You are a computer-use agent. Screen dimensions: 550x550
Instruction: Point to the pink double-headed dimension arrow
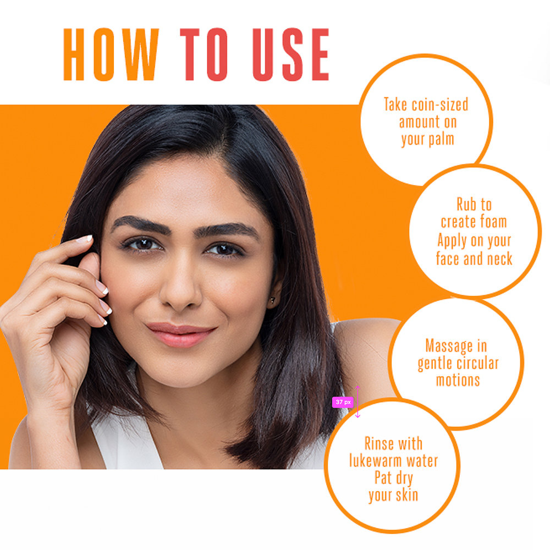[358, 402]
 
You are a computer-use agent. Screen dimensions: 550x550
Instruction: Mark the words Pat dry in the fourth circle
[393, 477]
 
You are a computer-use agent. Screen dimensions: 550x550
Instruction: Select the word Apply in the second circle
[452, 240]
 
